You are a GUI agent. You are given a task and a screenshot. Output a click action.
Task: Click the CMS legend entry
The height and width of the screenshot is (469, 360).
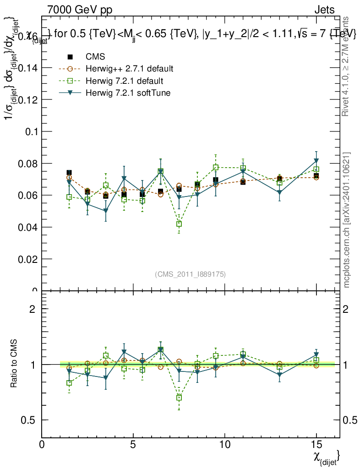tap(95, 57)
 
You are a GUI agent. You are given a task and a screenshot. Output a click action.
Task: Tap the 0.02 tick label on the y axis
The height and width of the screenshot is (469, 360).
tap(28, 259)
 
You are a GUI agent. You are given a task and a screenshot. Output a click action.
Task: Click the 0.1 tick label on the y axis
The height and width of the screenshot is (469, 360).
tap(31, 131)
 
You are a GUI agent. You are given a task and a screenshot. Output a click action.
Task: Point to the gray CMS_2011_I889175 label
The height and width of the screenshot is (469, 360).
tap(191, 274)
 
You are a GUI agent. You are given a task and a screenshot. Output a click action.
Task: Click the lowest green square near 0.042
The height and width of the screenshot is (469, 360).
tap(179, 224)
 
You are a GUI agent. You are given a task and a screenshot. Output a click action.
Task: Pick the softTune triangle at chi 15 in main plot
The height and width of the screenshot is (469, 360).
tap(316, 161)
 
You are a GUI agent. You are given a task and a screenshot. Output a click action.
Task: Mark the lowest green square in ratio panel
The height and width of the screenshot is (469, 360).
tap(179, 398)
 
